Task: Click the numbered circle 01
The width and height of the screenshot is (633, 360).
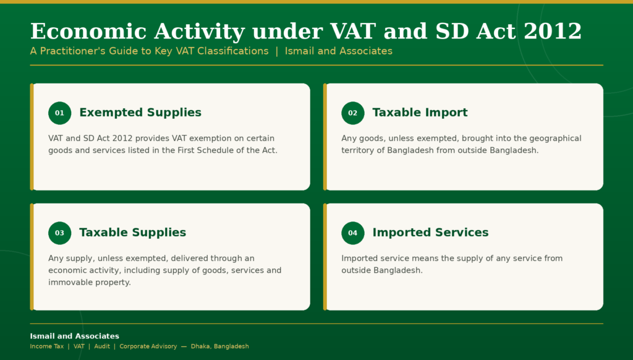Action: [60, 113]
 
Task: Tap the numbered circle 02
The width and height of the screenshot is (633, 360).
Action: [353, 113]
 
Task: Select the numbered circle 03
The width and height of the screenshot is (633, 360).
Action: [60, 233]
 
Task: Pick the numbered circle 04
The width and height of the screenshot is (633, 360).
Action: [353, 233]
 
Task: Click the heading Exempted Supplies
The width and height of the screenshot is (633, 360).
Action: [140, 113]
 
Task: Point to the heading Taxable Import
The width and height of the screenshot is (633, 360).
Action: [420, 113]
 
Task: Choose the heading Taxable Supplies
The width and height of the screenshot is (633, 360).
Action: [132, 233]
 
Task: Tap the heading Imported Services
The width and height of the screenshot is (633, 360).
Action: [430, 233]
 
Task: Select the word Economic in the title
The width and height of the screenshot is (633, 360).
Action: [88, 31]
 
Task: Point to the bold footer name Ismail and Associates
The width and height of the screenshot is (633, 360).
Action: [74, 336]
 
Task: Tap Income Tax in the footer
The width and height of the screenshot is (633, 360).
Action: [47, 346]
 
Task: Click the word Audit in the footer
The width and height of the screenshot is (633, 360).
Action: [102, 346]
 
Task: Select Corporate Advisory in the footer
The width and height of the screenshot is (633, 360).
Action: [148, 346]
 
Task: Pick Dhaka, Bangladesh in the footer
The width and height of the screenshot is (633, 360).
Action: [219, 346]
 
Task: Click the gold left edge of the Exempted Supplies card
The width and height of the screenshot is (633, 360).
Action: [32, 137]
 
